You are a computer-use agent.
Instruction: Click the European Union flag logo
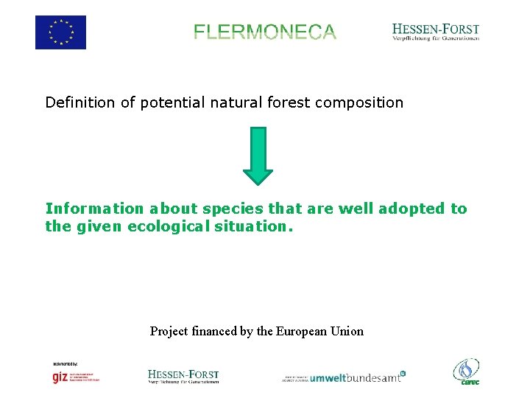point(60,32)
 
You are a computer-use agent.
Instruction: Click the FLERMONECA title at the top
point(265,32)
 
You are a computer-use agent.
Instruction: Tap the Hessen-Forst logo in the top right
point(436,32)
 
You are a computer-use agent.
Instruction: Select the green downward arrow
point(258,156)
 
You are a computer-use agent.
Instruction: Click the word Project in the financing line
point(169,331)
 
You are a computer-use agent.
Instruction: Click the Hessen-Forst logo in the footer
point(183,376)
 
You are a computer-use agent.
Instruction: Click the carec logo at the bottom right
point(467,371)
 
